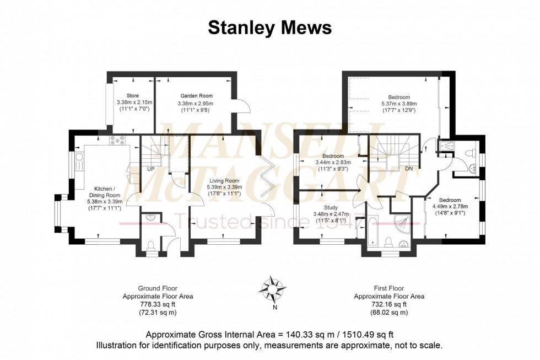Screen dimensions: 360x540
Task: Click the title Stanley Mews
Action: [269, 28]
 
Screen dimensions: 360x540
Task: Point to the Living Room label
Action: [224, 180]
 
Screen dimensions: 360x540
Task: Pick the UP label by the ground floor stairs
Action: [150, 168]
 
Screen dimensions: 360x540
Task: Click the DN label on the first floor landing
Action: [409, 168]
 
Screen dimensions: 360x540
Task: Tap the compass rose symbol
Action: [274, 288]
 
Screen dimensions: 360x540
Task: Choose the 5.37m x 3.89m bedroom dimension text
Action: [399, 104]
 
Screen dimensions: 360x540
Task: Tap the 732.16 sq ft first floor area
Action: [388, 304]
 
